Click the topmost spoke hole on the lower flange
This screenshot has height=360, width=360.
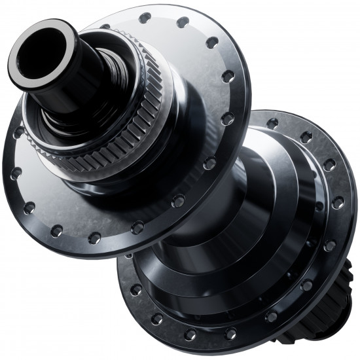click(272, 123)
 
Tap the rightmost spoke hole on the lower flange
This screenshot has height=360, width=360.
click(338, 203)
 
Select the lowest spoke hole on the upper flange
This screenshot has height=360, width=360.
click(94, 238)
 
